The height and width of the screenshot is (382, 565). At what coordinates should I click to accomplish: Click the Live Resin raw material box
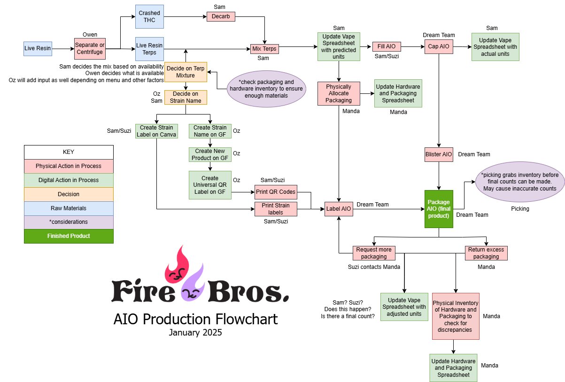tap(38, 48)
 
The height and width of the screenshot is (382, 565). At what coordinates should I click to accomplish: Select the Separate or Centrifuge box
tap(90, 48)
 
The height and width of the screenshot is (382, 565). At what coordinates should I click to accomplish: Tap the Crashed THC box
tap(149, 16)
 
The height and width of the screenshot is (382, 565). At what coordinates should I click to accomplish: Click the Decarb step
tap(221, 16)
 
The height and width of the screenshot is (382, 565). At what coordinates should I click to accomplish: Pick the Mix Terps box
tap(264, 49)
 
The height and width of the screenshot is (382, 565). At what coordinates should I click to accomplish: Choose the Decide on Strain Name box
tap(186, 97)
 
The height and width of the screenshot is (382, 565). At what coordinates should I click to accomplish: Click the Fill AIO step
tap(387, 46)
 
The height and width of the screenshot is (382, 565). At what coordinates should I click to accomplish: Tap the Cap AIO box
tap(439, 46)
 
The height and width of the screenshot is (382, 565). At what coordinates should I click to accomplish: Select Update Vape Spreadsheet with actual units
tap(495, 47)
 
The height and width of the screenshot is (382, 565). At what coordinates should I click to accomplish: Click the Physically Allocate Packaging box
tap(339, 93)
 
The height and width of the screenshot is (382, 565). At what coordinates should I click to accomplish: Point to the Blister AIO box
tap(439, 154)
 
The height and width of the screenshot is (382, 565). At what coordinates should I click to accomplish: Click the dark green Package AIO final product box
tap(439, 209)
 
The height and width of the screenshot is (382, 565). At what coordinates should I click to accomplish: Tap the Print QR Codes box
tap(276, 192)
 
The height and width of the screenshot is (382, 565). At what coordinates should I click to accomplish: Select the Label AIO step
tap(339, 209)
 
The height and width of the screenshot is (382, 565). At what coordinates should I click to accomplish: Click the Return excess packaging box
tap(486, 253)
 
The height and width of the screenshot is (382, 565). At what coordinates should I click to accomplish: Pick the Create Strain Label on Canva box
tap(156, 131)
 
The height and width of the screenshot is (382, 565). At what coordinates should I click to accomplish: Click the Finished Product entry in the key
tap(69, 236)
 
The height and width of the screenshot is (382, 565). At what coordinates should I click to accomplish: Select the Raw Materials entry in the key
tap(69, 208)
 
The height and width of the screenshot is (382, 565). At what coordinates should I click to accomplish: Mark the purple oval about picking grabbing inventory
tap(520, 182)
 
